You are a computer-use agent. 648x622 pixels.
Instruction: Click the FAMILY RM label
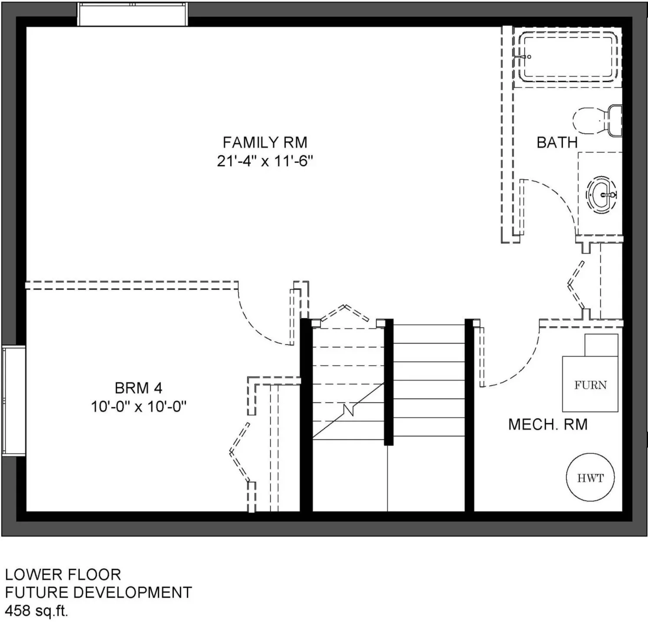[x=265, y=142]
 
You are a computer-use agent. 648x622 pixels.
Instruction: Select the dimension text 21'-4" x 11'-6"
[x=265, y=161]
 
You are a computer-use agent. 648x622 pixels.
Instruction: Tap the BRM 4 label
[x=138, y=388]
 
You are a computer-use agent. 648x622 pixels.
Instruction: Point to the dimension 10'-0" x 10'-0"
[x=138, y=407]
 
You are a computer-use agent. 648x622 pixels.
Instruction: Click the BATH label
[x=557, y=142]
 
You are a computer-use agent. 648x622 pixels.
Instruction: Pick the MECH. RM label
[x=548, y=424]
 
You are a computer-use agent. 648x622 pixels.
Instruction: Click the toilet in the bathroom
[x=598, y=120]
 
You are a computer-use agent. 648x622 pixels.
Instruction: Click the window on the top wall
[x=133, y=14]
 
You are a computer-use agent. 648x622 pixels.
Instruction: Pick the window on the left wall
[x=13, y=401]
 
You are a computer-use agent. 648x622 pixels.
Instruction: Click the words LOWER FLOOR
[x=63, y=575]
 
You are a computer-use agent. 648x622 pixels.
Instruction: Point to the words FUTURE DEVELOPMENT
[x=98, y=593]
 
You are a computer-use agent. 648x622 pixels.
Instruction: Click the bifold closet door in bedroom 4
[x=240, y=452]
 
